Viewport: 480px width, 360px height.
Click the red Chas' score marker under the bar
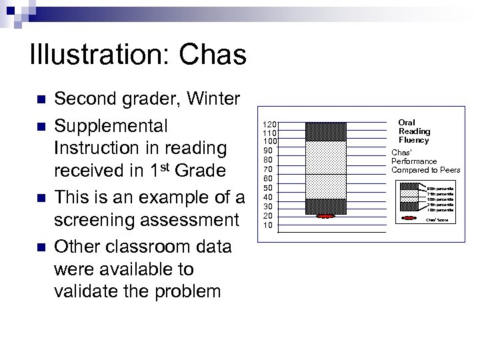click(x=325, y=217)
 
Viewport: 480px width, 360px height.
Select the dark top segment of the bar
click(x=325, y=131)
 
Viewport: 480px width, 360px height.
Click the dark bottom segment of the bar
click(x=325, y=207)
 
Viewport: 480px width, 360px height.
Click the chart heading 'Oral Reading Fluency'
click(x=414, y=131)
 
